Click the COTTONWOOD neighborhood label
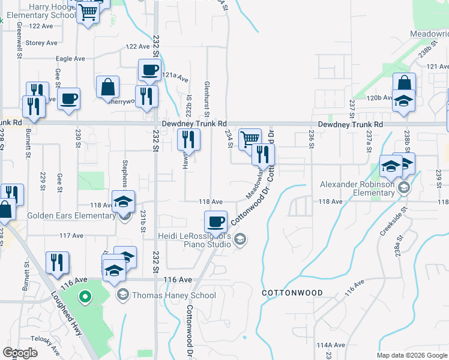click(292, 293)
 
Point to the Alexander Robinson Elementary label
click(357, 188)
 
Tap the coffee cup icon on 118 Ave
click(215, 222)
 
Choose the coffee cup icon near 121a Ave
click(149, 70)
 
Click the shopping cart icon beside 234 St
click(250, 140)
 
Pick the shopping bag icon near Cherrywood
click(107, 86)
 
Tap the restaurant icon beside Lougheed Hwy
click(58, 262)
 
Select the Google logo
click(20, 353)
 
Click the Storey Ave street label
click(41, 43)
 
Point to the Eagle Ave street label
click(70, 59)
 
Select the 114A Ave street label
click(331, 345)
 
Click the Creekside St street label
click(394, 221)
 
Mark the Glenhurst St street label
click(206, 99)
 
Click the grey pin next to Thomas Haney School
click(123, 294)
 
